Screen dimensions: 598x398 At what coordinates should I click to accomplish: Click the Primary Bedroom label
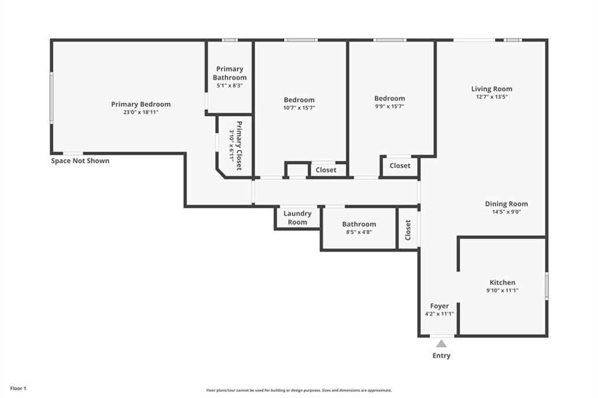(141, 104)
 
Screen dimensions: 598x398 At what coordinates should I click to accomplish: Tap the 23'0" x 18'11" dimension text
(141, 112)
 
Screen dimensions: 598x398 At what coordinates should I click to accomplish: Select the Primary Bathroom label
(230, 73)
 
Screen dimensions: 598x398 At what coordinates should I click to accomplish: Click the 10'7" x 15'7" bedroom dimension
(299, 108)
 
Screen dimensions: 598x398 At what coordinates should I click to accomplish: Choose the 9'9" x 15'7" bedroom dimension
(390, 107)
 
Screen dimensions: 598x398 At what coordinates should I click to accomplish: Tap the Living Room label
(492, 89)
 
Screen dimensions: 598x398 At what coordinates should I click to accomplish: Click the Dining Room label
(506, 204)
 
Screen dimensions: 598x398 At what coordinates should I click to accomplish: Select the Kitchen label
(502, 282)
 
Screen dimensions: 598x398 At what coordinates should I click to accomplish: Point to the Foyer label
(439, 306)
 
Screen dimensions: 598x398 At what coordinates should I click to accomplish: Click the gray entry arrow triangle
(441, 344)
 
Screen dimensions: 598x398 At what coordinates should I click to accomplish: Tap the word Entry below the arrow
(441, 355)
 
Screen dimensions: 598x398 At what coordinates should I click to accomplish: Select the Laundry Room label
(297, 218)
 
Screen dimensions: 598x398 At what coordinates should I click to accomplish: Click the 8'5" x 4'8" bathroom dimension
(359, 232)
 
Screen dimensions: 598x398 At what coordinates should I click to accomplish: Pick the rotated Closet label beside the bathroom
(408, 230)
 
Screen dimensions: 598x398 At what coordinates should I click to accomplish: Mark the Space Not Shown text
(80, 161)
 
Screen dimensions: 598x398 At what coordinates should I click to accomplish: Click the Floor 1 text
(18, 389)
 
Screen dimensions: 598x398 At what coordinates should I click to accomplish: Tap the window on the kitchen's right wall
(547, 285)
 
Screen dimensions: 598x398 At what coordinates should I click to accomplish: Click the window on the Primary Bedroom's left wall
(51, 98)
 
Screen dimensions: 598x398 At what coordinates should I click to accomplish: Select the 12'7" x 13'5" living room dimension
(492, 97)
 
